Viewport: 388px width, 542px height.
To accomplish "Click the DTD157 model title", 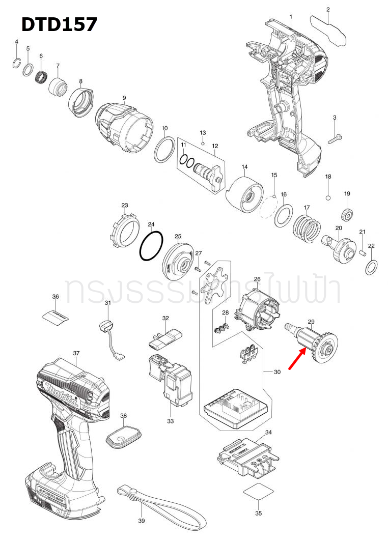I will [x=59, y=24].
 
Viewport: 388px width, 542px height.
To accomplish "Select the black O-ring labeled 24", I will [x=151, y=246].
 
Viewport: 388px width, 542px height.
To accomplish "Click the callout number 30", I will [x=277, y=372].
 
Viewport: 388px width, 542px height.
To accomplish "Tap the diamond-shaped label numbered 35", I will [x=258, y=493].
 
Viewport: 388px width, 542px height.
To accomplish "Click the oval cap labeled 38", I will [x=122, y=437].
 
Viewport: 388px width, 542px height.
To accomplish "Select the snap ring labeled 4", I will [x=17, y=63].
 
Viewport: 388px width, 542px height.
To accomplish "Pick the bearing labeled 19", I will [x=347, y=215].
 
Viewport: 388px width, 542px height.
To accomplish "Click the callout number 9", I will [x=124, y=98].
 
